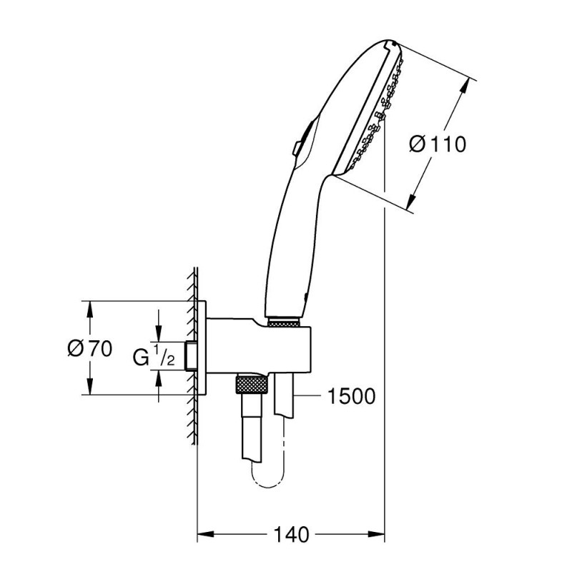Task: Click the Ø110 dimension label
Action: coord(438,144)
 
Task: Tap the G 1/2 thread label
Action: coord(154,355)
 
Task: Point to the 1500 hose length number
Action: coord(351,396)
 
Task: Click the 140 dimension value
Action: coord(291,534)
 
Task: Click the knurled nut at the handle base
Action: coord(285,322)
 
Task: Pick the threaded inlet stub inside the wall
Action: coord(191,356)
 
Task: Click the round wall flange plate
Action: coord(203,347)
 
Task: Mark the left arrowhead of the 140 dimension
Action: coord(203,534)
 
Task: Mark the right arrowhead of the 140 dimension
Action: coord(379,534)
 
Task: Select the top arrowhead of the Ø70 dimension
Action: coord(90,307)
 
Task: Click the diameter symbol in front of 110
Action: coord(419,144)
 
